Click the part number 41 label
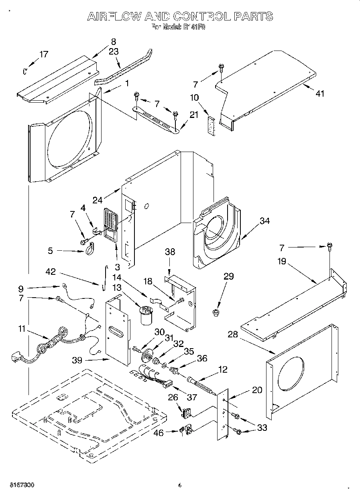click(319, 93)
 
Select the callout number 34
click(264, 221)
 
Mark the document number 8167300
click(20, 485)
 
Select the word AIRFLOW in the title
click(114, 16)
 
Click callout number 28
click(233, 334)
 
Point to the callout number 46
click(159, 432)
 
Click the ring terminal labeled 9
click(64, 286)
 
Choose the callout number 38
click(170, 252)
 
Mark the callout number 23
click(114, 51)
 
